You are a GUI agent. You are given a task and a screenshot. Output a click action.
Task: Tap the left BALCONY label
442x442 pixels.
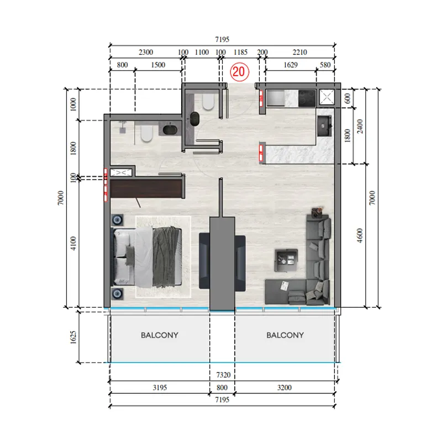click(x=160, y=335)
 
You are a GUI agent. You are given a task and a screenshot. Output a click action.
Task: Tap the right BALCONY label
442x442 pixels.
click(x=285, y=335)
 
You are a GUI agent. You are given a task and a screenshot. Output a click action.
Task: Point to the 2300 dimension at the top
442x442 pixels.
click(x=145, y=52)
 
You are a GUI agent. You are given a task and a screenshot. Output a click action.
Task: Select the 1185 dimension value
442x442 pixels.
click(x=240, y=52)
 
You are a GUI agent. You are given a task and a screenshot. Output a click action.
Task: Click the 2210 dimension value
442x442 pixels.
click(x=299, y=52)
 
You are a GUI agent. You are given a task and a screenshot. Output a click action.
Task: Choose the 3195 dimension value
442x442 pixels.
click(x=159, y=388)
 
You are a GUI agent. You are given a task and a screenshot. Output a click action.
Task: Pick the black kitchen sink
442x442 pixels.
click(x=323, y=124)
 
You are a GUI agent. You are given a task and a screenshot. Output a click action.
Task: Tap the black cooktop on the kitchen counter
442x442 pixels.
click(x=307, y=98)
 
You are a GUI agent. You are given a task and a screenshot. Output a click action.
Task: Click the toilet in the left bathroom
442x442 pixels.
click(x=146, y=134)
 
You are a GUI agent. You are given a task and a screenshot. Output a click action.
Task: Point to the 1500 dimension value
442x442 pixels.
click(x=158, y=65)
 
